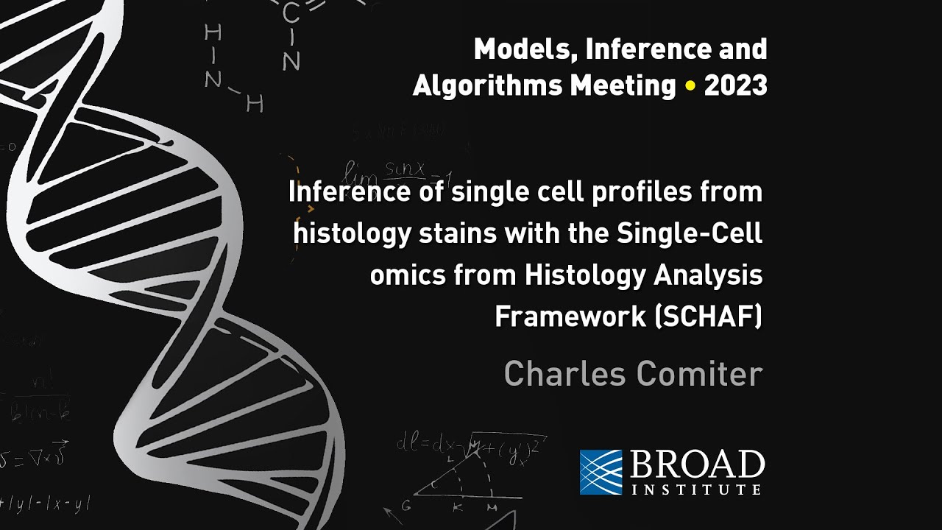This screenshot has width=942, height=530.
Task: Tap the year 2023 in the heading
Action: click(735, 86)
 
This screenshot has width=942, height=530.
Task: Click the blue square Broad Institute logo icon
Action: click(601, 472)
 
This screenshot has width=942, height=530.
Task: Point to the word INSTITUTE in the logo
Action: click(696, 489)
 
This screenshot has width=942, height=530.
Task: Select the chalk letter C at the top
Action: click(290, 13)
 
